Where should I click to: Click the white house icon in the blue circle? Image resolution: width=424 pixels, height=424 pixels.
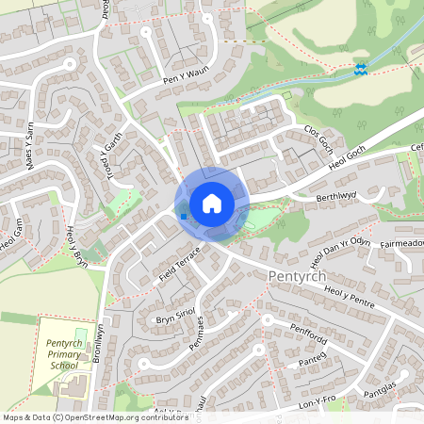click(212, 204)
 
